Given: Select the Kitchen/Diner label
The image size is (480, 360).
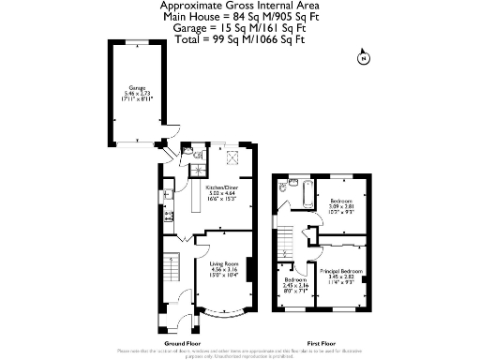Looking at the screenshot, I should tap(220, 193).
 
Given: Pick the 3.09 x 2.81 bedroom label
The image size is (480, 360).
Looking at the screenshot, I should tap(340, 204).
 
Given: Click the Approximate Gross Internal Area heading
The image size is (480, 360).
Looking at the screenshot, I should tap(239, 6).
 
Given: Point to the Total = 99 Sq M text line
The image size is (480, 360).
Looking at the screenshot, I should tap(239, 38).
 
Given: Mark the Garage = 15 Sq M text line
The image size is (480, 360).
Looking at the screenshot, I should tap(239, 27).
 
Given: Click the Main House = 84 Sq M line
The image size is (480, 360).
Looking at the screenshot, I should tap(239, 16).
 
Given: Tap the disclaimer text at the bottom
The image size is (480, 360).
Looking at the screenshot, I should tap(240, 352).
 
